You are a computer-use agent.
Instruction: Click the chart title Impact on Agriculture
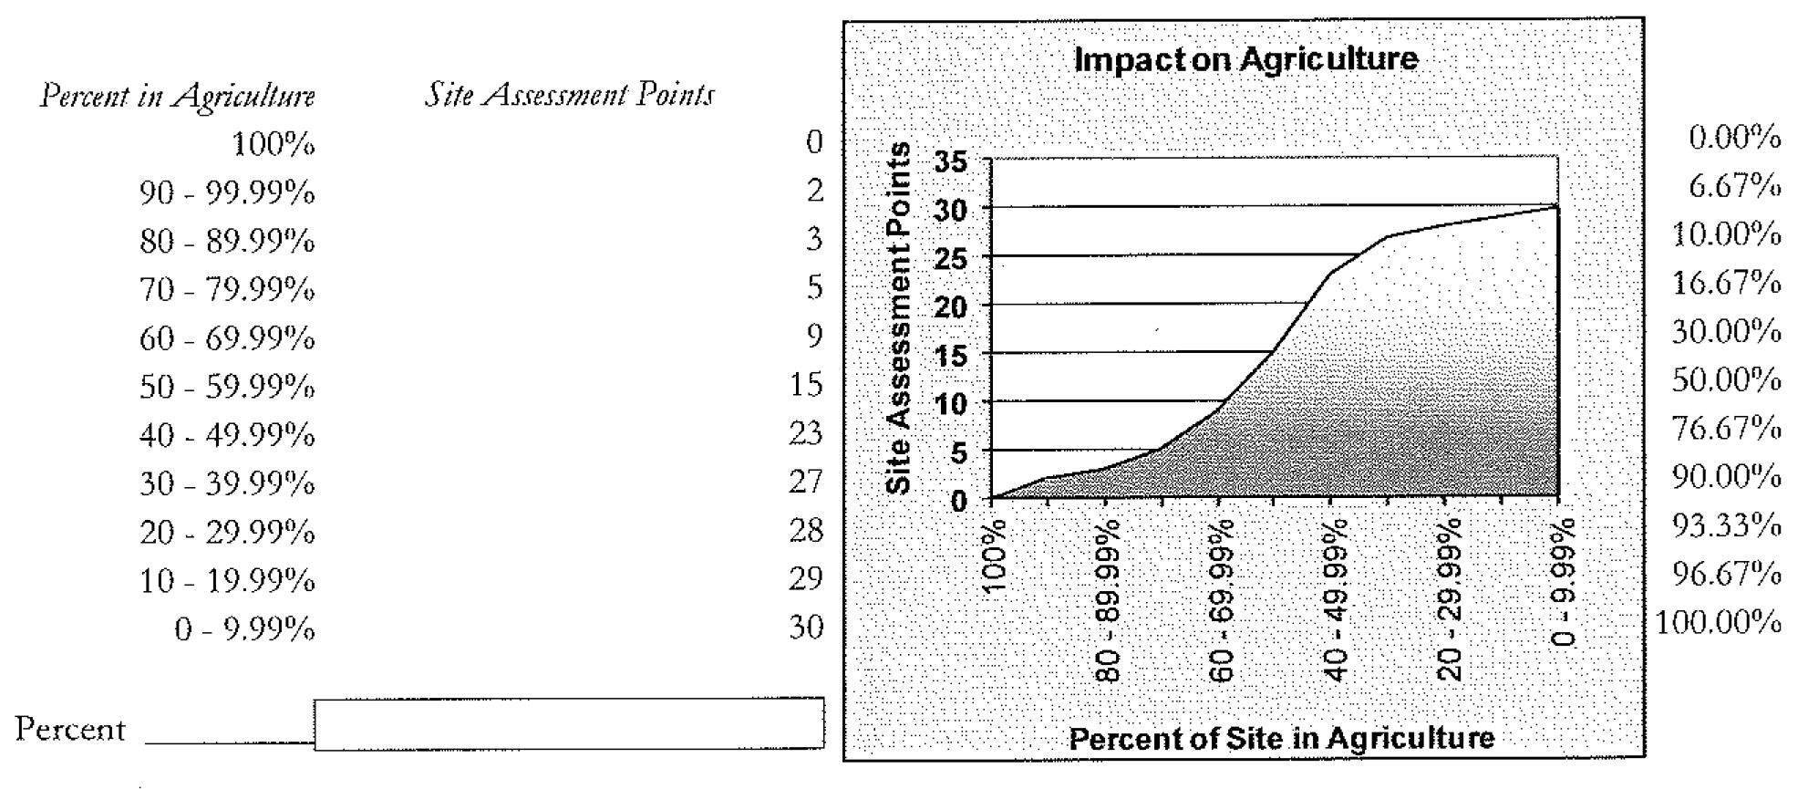point(1245,60)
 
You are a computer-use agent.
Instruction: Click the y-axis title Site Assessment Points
point(899,318)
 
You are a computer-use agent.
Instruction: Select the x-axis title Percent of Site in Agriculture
point(1281,738)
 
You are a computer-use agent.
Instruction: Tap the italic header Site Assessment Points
point(570,95)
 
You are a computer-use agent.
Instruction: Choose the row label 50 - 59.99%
point(227,388)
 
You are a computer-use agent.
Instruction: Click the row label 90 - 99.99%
point(227,193)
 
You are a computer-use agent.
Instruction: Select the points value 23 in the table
point(805,432)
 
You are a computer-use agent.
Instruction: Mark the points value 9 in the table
point(813,336)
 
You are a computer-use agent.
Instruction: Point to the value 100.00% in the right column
point(1718,623)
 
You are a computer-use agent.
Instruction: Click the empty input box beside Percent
point(569,724)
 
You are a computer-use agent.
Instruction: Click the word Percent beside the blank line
point(70,730)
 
